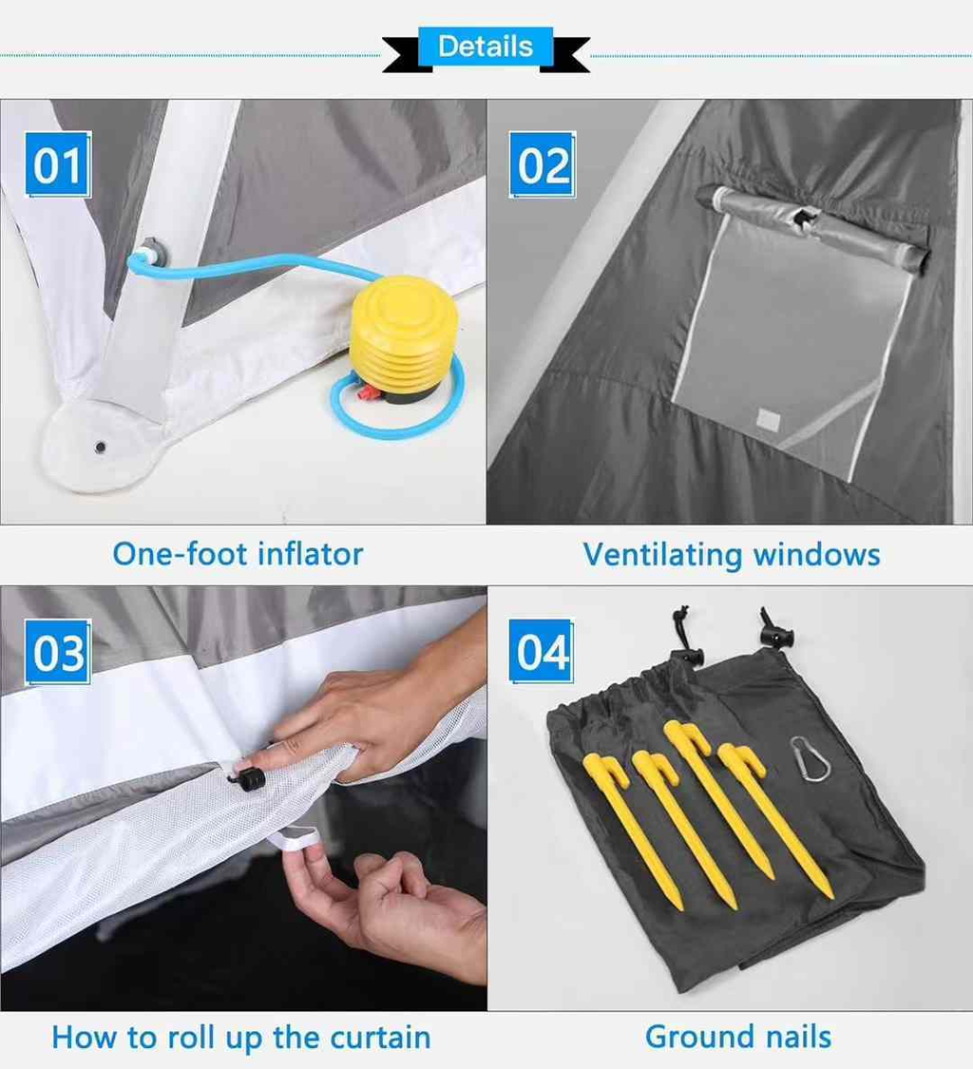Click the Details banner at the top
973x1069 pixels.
tap(486, 47)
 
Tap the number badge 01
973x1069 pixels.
tap(58, 165)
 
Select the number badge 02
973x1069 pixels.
tap(543, 165)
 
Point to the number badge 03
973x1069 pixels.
tap(58, 653)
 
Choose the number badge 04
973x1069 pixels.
tap(543, 652)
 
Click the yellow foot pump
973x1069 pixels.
tap(404, 333)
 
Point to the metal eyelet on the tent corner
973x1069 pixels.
tap(99, 446)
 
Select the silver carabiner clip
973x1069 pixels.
tap(809, 759)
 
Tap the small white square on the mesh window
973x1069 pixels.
tap(768, 419)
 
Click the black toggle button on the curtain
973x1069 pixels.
tap(249, 779)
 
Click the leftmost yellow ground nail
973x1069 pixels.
tap(637, 827)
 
